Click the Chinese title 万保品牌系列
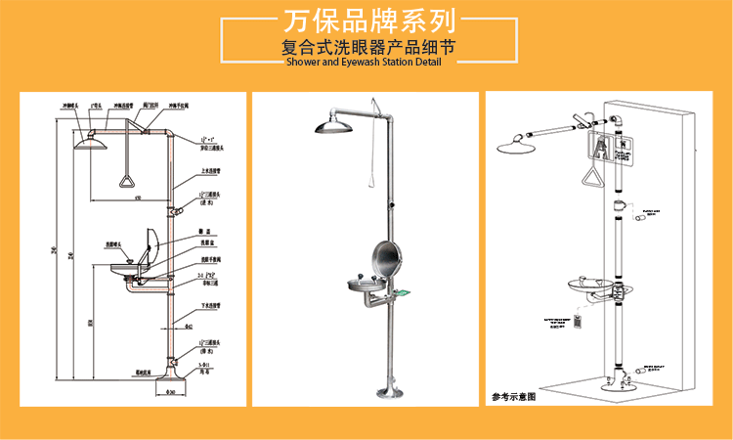pyautogui.click(x=366, y=21)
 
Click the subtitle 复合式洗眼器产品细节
pyautogui.click(x=366, y=46)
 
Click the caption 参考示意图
pyautogui.click(x=514, y=398)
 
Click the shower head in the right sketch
pyautogui.click(x=519, y=147)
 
